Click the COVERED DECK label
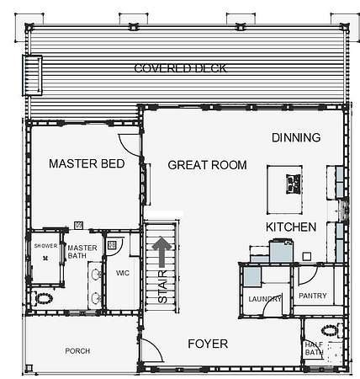click(x=180, y=68)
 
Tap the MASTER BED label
click(x=87, y=163)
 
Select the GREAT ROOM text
click(x=207, y=165)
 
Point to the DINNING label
click(x=296, y=137)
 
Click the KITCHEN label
click(x=291, y=227)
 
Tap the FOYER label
click(x=208, y=344)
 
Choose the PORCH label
click(x=77, y=351)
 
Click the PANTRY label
click(x=313, y=296)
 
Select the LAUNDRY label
click(x=265, y=299)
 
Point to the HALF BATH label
click(x=314, y=349)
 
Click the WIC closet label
click(x=123, y=273)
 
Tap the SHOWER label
click(x=45, y=246)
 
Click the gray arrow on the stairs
click(x=161, y=252)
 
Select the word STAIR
click(x=162, y=286)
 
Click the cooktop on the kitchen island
click(x=294, y=184)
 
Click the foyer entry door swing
click(x=152, y=350)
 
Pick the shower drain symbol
click(x=45, y=258)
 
